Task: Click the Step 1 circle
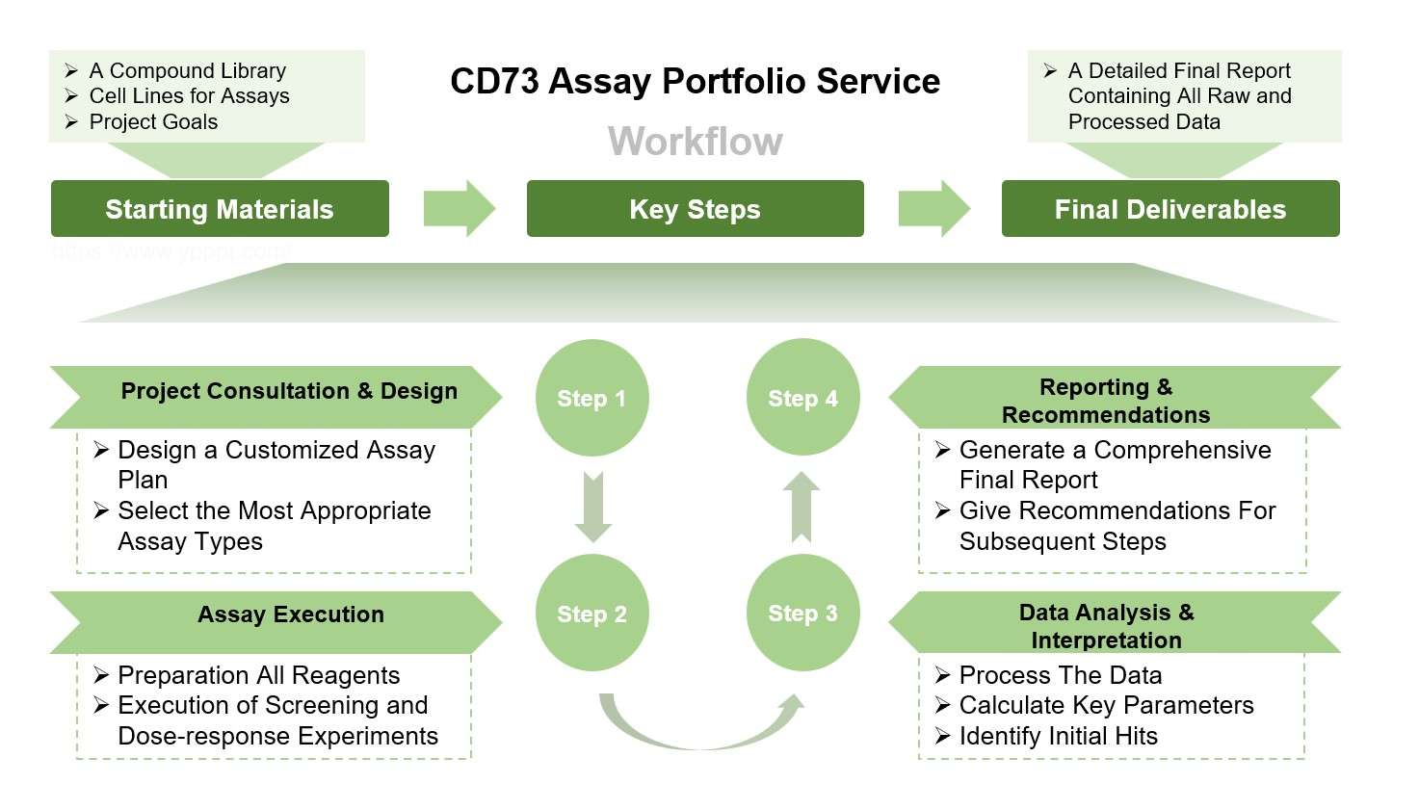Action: click(x=591, y=398)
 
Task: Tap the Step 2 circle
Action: click(x=591, y=614)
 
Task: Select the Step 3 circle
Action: click(x=802, y=613)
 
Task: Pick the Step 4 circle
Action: click(x=802, y=398)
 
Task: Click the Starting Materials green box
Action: click(x=220, y=209)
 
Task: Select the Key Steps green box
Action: click(x=695, y=209)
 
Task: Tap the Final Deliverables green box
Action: click(x=1169, y=209)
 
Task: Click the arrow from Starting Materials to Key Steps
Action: click(x=459, y=208)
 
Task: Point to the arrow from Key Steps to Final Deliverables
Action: click(x=933, y=208)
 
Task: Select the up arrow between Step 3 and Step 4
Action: click(x=801, y=507)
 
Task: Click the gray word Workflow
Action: click(x=695, y=142)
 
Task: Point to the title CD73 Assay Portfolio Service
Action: click(x=695, y=82)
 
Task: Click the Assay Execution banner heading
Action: click(x=290, y=614)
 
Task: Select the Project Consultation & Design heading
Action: click(x=289, y=391)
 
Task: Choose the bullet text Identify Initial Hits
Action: click(x=1058, y=736)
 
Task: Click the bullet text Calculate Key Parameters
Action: click(x=1106, y=705)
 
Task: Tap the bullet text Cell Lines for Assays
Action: click(x=189, y=95)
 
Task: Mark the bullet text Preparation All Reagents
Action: click(x=258, y=675)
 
